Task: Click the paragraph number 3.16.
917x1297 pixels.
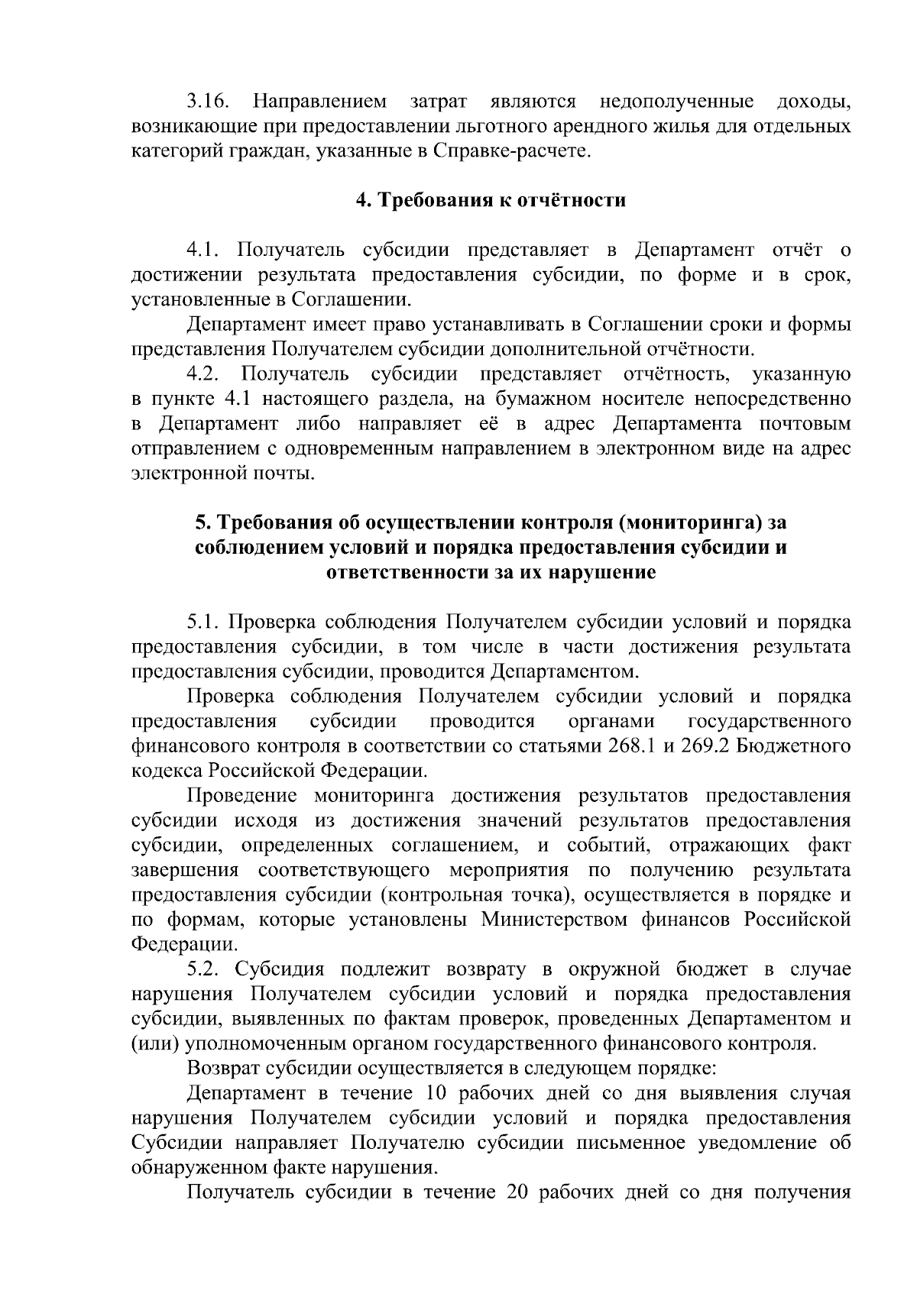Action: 208,102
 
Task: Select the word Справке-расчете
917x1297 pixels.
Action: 513,151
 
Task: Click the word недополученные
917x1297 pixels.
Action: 677,102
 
